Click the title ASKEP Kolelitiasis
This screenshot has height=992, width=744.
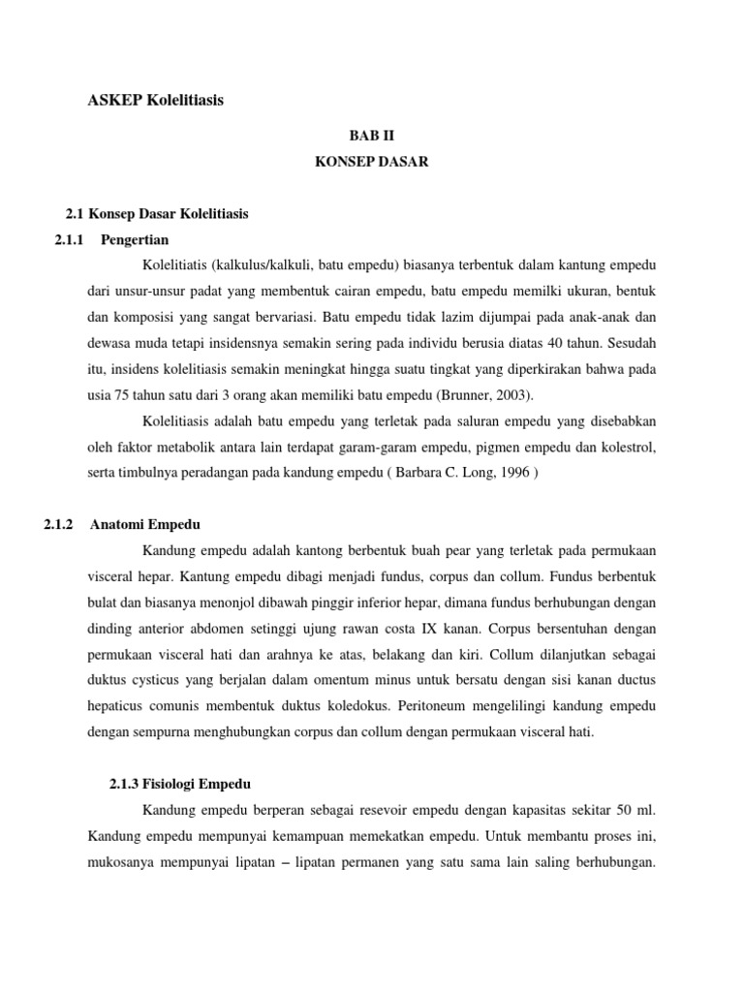coord(156,100)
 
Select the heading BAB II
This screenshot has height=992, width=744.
coord(371,139)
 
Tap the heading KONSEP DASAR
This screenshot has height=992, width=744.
coord(371,163)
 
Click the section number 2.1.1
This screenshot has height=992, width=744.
coord(72,239)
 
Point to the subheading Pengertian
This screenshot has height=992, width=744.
coord(135,239)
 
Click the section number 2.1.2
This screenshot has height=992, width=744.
coord(60,524)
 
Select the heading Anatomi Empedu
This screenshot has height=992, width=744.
coord(145,524)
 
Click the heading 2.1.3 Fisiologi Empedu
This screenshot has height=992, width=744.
coord(181,784)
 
